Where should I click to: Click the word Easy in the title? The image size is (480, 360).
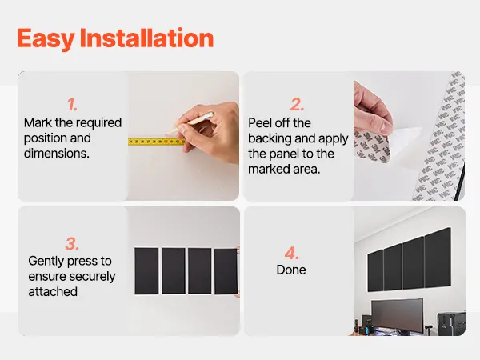point(46,38)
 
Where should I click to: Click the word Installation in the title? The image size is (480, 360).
point(146,38)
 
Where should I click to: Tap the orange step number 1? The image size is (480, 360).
point(72,104)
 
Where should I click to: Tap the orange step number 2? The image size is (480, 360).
point(297,104)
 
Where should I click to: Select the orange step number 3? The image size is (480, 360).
point(72,244)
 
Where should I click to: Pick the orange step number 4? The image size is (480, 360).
point(291,253)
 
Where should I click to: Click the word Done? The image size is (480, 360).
point(291,270)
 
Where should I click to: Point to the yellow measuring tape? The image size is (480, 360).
point(156,142)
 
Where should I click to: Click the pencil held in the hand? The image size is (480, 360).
point(189,123)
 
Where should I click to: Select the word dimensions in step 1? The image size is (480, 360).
point(57,153)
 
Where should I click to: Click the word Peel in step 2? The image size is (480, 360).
point(259,122)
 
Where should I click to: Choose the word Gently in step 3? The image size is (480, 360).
point(46,261)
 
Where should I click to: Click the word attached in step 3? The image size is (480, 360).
point(53,291)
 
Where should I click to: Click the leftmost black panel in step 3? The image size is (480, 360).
point(146,271)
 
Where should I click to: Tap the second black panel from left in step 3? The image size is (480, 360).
point(174,271)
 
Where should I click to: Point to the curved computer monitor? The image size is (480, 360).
point(398,315)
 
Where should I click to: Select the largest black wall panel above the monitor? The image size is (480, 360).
point(438,256)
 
